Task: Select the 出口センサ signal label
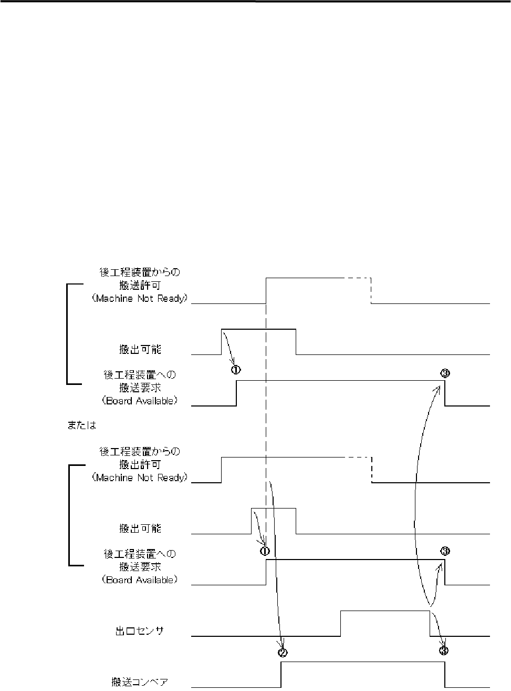(x=140, y=631)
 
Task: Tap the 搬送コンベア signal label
(x=140, y=682)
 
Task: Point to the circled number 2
(x=283, y=653)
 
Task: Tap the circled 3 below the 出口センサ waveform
(x=444, y=651)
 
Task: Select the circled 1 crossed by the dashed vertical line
(x=265, y=551)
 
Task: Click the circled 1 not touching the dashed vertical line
(x=236, y=370)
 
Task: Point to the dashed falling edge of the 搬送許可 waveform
(x=371, y=290)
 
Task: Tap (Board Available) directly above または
(x=139, y=401)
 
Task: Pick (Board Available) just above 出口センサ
(x=139, y=580)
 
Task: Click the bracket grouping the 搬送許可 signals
(x=67, y=334)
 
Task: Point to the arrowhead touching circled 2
(x=283, y=646)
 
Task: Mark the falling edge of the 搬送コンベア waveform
(x=445, y=675)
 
